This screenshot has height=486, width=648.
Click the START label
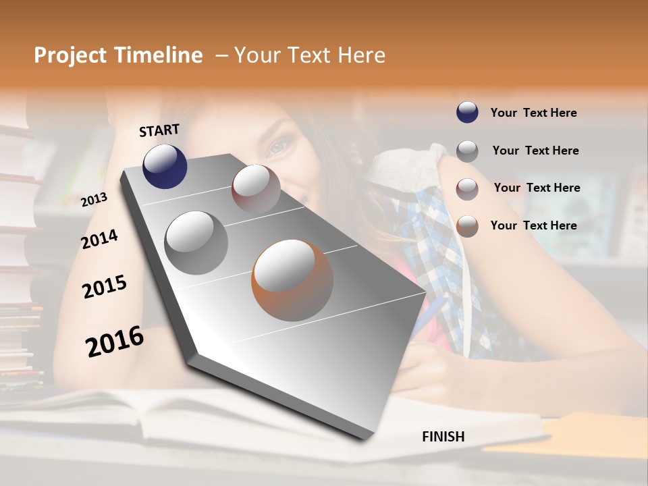coord(159,130)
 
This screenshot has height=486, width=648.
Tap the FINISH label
coord(443,437)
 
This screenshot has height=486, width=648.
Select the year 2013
coord(94,200)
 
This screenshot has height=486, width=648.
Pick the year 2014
coord(99,239)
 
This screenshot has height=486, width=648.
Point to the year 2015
coord(105,287)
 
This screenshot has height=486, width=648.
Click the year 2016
coord(115,342)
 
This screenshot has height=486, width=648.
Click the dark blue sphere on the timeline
coord(165,166)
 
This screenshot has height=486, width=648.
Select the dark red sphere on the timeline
coord(256,189)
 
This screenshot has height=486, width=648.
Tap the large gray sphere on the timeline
coord(196,243)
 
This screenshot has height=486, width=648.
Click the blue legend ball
coord(467,113)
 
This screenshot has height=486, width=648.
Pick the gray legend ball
coord(467,151)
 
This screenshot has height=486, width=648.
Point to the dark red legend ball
coord(467,189)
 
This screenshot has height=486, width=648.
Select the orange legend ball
coord(467,226)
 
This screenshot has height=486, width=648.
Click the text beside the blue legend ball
coord(533,113)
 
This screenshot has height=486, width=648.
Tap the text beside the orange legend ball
coord(533,225)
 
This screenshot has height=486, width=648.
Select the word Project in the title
coord(70,55)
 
